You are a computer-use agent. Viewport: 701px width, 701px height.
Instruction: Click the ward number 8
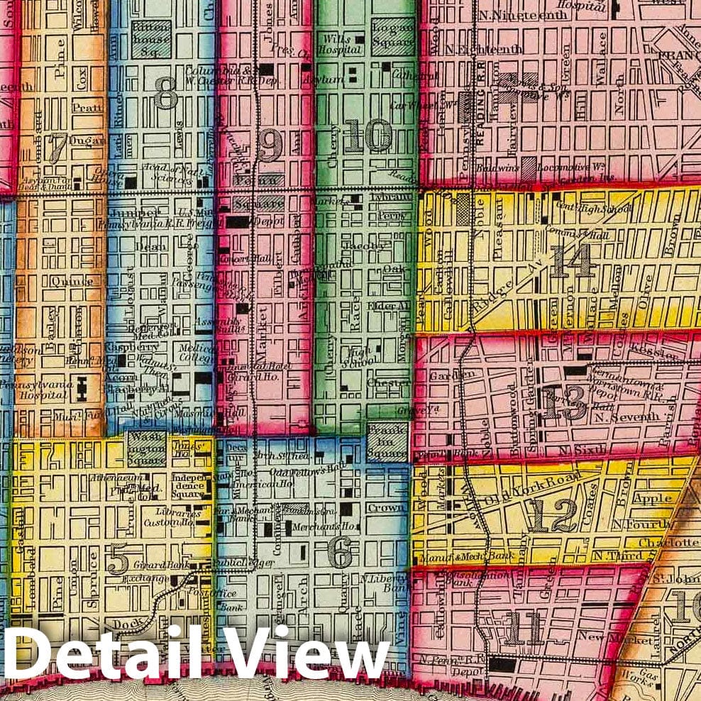tap(165, 94)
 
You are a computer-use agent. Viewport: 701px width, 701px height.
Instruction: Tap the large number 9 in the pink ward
tap(270, 145)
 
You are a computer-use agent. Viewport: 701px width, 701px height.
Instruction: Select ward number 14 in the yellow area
tap(572, 261)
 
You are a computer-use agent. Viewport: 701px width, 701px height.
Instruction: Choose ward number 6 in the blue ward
tap(341, 553)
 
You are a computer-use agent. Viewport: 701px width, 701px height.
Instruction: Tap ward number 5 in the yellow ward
tap(118, 562)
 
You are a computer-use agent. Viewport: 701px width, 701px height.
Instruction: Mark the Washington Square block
tap(147, 448)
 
